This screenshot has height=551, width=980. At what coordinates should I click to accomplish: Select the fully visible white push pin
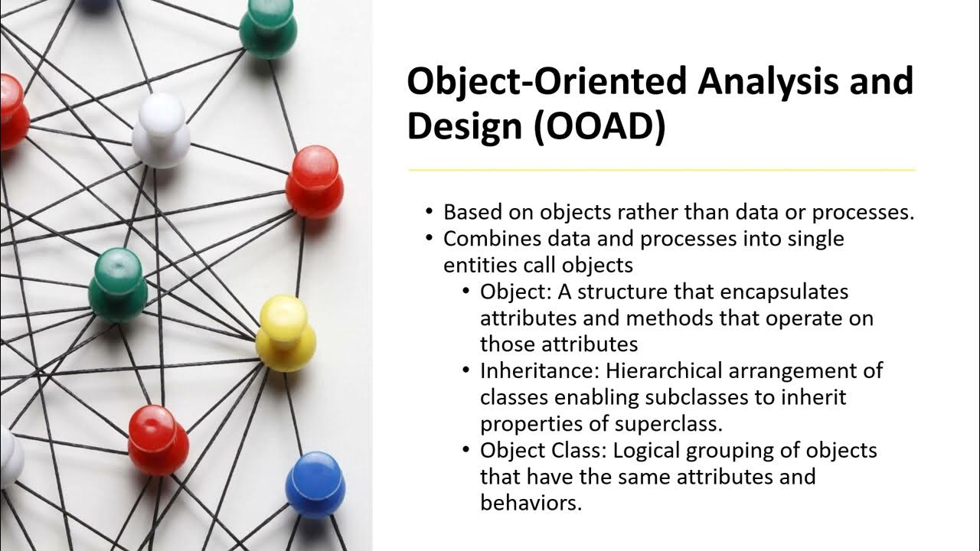(160, 130)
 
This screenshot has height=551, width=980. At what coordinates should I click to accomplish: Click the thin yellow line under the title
(661, 169)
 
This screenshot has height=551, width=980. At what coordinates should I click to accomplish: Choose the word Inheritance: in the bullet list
(540, 371)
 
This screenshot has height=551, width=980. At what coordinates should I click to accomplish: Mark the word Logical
(632, 450)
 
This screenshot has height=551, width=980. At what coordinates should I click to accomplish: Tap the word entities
(471, 265)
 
